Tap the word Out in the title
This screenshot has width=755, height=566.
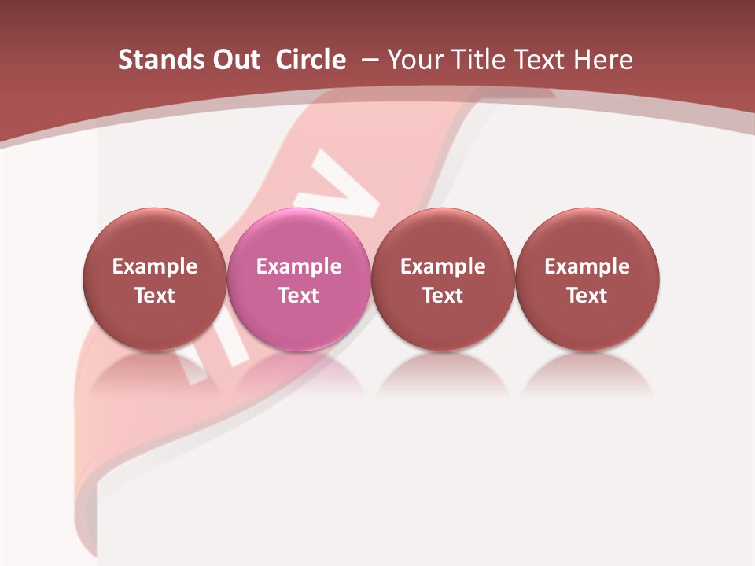pos(234,60)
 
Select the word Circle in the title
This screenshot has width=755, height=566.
pos(311,60)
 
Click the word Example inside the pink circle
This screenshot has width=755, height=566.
pos(299,266)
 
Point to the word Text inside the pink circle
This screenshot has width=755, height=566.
pos(299,296)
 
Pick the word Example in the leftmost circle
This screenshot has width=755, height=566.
pos(155,266)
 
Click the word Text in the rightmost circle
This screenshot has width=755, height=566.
pos(587,296)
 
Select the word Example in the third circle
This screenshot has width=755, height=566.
pos(443,266)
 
